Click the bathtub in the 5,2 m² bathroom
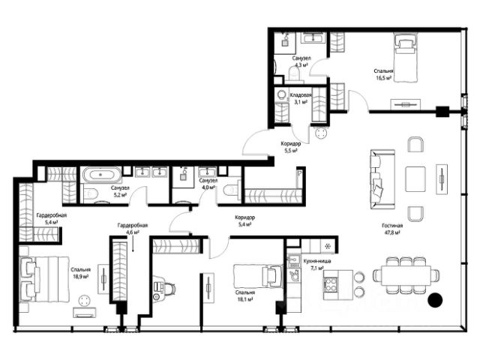coord(101,175)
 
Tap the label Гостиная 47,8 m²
coord(392,229)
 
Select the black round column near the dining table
coord(435,300)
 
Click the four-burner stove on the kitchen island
coord(330,284)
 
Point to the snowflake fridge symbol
coord(328,246)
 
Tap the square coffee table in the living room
coord(415,179)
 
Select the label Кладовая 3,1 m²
coord(301,98)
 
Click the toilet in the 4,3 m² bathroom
coord(295,75)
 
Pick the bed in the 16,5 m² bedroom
coord(405,58)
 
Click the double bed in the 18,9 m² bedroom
coord(43,279)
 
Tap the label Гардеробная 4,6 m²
coord(133,229)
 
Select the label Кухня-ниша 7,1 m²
coord(317,265)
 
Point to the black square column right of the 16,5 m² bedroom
coord(442,112)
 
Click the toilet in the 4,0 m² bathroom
coord(230,190)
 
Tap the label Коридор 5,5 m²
coord(291,147)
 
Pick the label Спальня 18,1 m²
coord(245,296)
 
